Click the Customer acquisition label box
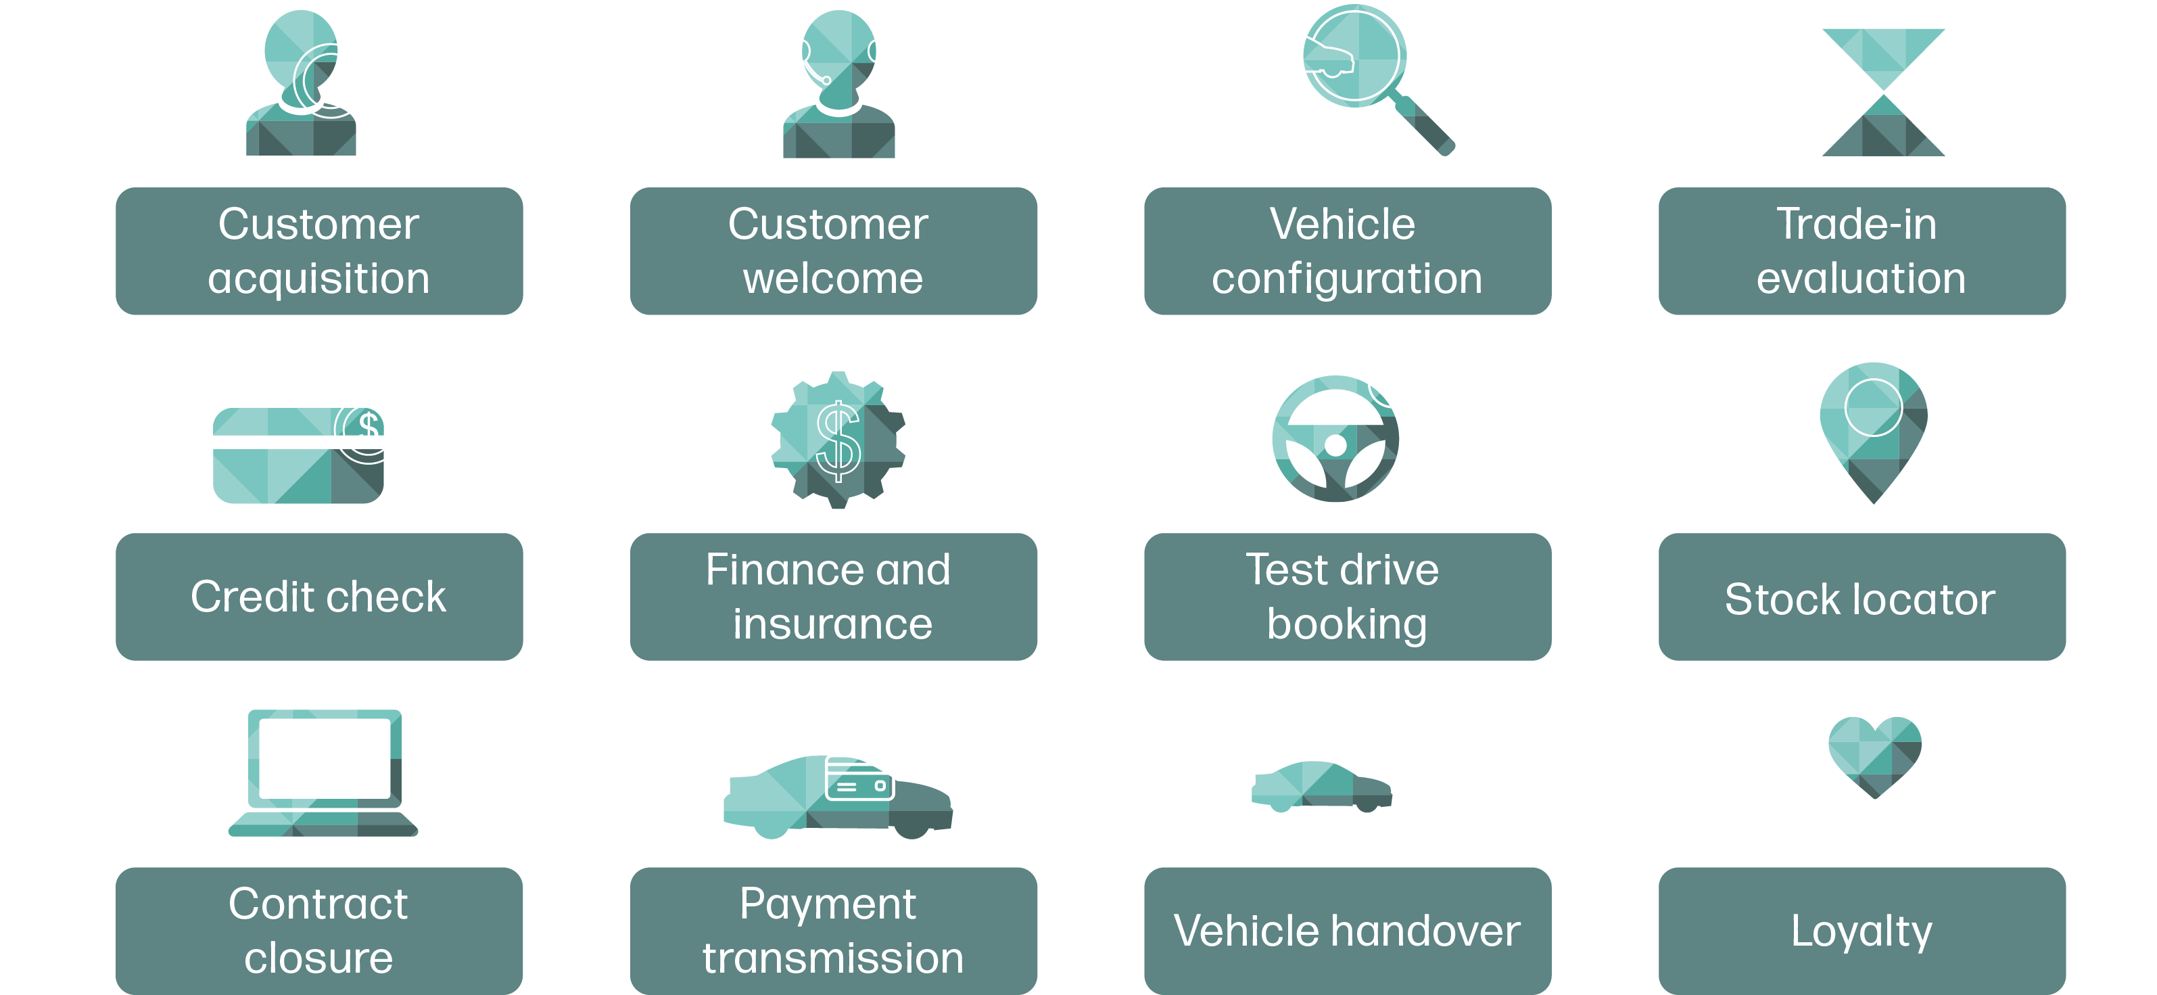[x=319, y=251]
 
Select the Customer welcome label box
[x=833, y=251]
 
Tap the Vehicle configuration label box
[x=1348, y=251]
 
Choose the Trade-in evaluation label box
[x=1862, y=251]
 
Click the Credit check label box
[x=319, y=597]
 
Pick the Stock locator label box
[x=1862, y=597]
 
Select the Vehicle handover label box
[x=1348, y=931]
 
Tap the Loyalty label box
[x=1862, y=931]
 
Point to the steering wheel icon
[x=1335, y=440]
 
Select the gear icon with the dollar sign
[x=837, y=440]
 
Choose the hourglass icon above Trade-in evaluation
[x=1883, y=92]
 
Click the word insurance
[x=832, y=624]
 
